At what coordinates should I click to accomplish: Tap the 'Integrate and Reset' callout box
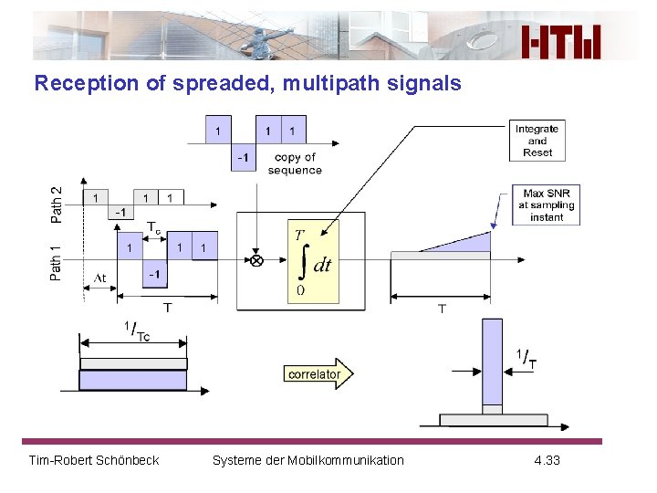point(537,141)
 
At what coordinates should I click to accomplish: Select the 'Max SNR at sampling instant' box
point(546,205)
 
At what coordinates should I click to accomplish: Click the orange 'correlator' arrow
point(318,373)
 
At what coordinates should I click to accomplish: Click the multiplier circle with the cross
point(256,260)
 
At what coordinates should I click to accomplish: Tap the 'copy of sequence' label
point(295,163)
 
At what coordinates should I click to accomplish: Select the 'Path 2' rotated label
point(57,204)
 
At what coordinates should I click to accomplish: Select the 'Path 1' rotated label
point(57,260)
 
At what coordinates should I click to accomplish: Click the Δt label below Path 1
point(99,278)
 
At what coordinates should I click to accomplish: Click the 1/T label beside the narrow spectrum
point(526,359)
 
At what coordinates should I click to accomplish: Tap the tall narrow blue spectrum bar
point(492,365)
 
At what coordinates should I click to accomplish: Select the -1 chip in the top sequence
point(243,158)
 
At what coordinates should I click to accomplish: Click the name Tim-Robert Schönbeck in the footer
point(94,460)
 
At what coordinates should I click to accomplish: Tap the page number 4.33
point(547,460)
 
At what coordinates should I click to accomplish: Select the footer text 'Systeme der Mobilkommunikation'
point(308,460)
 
